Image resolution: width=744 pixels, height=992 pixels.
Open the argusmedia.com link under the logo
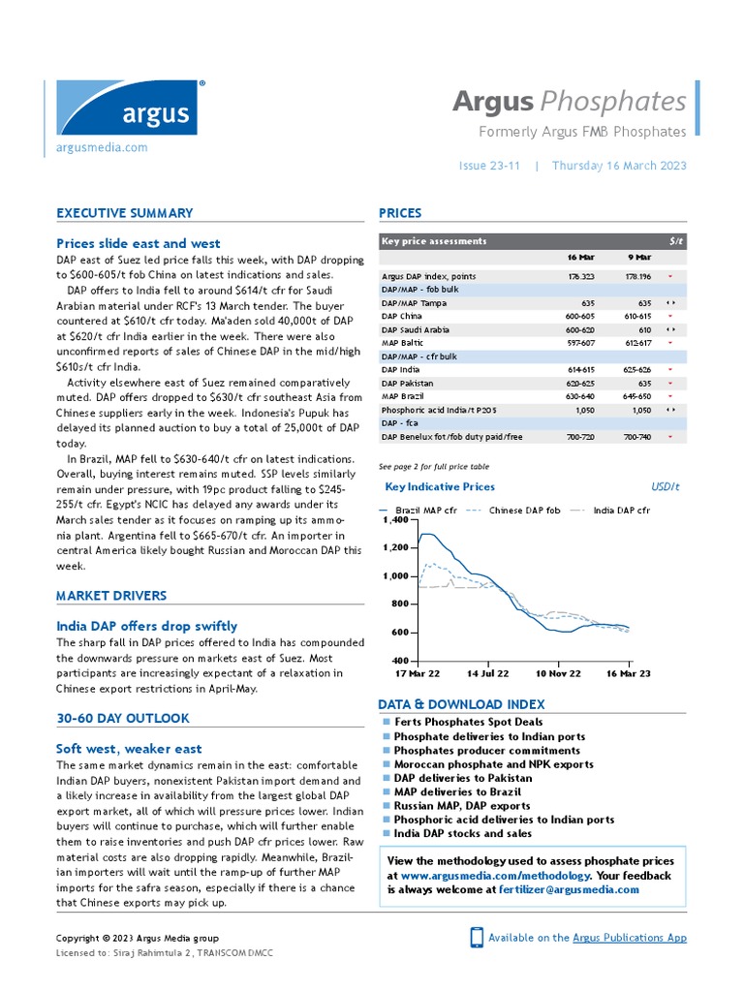click(102, 147)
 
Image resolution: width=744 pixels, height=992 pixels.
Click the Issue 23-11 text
click(490, 166)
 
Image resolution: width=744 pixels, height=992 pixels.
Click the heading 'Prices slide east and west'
click(139, 243)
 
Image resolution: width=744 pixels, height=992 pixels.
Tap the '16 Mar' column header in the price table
click(580, 258)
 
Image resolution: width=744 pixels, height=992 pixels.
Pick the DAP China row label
click(402, 316)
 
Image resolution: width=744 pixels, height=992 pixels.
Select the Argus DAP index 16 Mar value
click(580, 276)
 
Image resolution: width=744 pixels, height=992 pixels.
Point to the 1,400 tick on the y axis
click(396, 521)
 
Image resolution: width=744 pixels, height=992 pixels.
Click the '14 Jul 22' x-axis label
click(487, 672)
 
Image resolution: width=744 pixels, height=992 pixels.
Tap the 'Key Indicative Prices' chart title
click(440, 487)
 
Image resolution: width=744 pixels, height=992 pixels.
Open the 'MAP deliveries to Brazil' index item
click(457, 791)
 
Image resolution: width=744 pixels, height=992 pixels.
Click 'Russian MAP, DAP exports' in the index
click(462, 805)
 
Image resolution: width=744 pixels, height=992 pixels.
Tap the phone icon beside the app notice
click(477, 937)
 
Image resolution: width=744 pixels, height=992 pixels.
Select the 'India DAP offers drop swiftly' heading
click(146, 626)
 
